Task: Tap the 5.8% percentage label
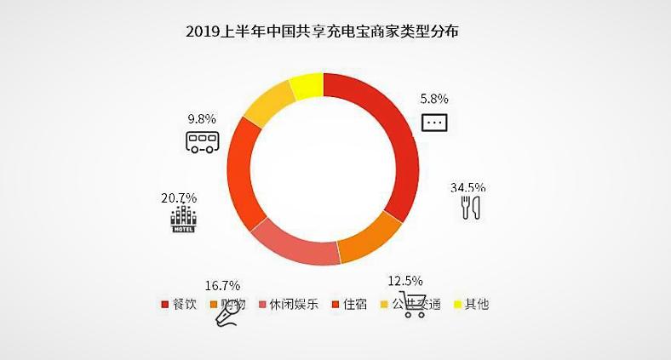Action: point(434,100)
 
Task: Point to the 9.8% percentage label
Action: point(203,119)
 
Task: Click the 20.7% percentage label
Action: point(179,198)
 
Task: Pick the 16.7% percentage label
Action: point(223,285)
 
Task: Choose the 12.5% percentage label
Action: point(404,281)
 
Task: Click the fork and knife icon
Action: point(472,208)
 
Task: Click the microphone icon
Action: point(227,315)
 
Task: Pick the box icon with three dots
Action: point(434,123)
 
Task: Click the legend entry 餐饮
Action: point(182,304)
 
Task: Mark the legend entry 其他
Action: point(473,304)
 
